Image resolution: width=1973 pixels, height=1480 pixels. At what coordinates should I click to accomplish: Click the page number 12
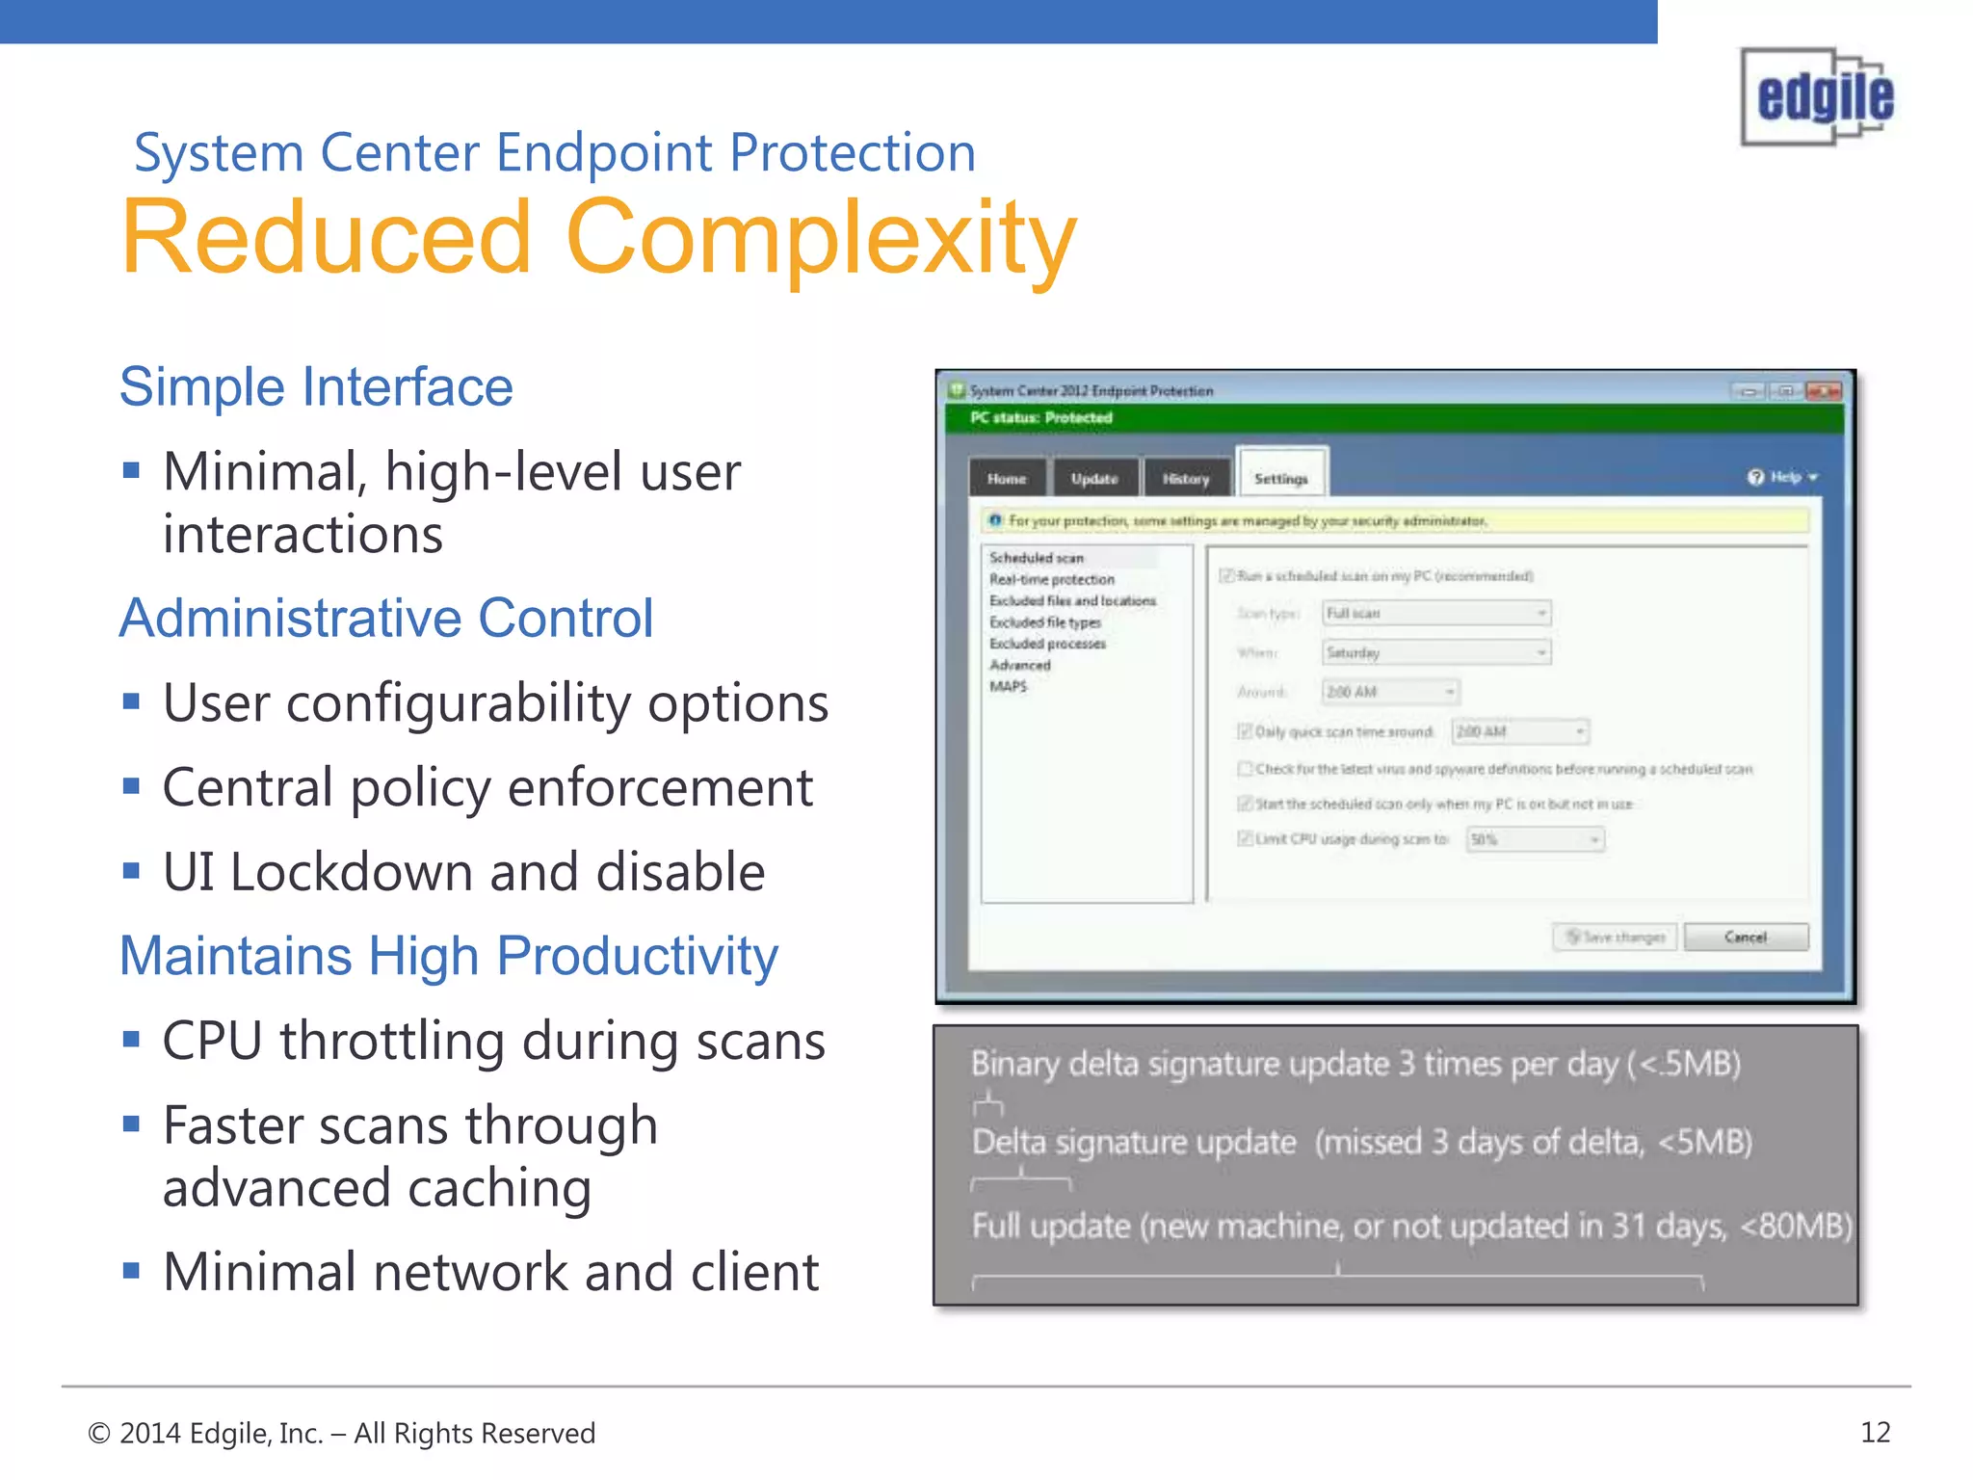[1875, 1432]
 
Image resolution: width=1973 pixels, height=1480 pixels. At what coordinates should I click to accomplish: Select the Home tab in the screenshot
[1006, 478]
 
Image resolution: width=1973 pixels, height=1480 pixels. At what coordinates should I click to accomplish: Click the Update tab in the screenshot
[1094, 478]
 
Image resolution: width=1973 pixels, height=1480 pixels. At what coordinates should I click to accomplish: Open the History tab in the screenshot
[1185, 478]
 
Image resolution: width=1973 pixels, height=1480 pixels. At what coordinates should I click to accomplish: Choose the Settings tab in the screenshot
[1281, 478]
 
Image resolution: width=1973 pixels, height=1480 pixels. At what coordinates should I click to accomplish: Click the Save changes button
[1615, 937]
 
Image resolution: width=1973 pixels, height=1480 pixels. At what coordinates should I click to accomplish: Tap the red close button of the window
[1823, 391]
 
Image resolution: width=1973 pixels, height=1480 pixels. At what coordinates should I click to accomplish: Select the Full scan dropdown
[1435, 613]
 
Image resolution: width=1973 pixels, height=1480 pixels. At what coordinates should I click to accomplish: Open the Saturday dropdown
[1435, 652]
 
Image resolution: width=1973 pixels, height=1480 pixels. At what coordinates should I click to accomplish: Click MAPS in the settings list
[1008, 686]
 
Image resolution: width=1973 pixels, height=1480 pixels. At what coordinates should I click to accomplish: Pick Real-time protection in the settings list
[1051, 579]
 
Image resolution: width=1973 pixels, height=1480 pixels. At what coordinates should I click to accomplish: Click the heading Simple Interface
[316, 387]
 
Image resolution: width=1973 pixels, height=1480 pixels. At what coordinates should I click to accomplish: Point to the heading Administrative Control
[386, 618]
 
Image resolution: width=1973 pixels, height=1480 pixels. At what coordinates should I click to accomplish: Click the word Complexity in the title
[821, 238]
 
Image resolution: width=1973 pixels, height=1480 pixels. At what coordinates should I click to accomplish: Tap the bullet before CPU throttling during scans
[132, 1039]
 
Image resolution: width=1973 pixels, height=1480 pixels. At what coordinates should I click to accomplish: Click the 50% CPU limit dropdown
[1535, 839]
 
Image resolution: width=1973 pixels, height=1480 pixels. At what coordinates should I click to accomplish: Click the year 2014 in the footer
[150, 1433]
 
